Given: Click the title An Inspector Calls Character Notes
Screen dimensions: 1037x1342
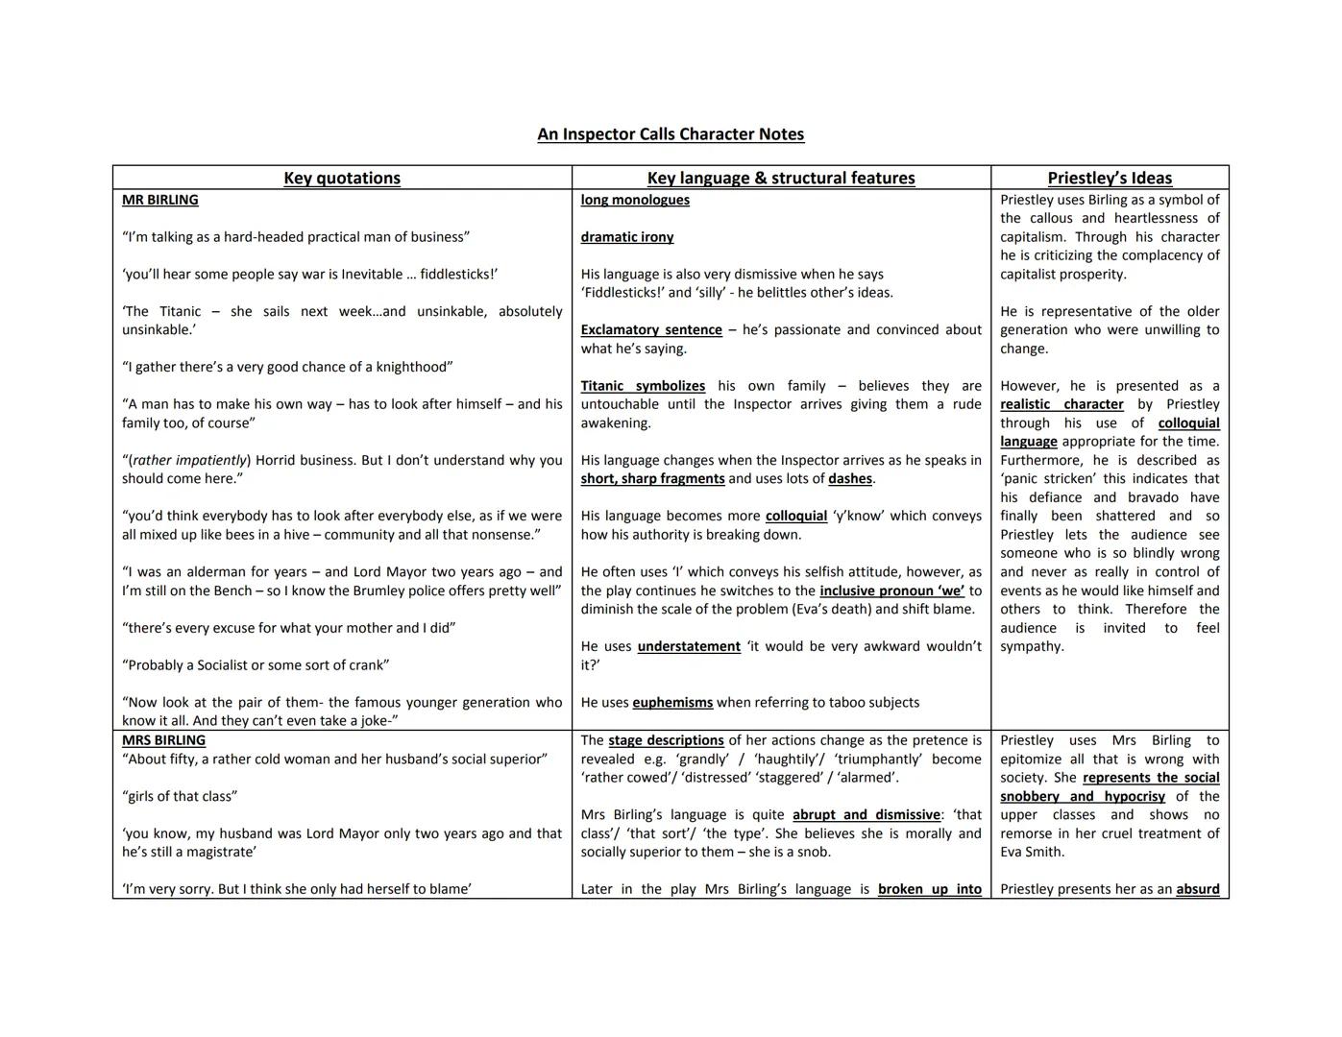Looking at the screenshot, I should [671, 134].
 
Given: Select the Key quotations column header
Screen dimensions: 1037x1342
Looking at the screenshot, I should [342, 178].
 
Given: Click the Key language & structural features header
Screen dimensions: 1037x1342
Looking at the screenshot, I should [781, 178].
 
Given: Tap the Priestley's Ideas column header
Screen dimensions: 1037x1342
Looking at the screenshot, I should [1110, 178].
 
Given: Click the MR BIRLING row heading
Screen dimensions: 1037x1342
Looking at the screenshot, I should [160, 200].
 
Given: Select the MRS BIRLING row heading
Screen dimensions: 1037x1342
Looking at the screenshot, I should [163, 740].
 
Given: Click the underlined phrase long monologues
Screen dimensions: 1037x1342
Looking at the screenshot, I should [635, 200].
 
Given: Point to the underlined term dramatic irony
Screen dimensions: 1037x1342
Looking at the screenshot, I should [627, 237].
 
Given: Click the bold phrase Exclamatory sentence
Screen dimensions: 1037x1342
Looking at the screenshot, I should [651, 330].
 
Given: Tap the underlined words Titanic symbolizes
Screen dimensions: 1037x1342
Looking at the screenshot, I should [643, 386].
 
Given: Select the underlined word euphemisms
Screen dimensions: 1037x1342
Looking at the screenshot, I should [672, 703].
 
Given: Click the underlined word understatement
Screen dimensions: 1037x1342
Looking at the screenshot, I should [689, 647].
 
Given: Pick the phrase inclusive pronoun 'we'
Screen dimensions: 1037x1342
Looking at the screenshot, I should [891, 591].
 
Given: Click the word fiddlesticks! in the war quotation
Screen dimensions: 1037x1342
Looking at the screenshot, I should [460, 275].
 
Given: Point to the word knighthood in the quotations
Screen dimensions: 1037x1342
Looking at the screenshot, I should [413, 368].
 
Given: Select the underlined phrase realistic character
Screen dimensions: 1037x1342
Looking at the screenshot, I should [1061, 405].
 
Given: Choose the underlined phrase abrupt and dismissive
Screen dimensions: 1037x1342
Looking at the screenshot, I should [866, 815].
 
